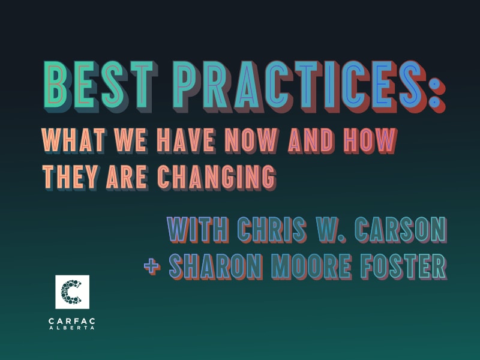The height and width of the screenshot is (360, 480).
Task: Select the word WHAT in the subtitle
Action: tap(73, 141)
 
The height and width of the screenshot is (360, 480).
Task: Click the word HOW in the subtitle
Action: tap(370, 141)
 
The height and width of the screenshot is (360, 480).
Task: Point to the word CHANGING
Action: tap(217, 178)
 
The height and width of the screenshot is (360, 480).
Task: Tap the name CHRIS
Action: tap(272, 230)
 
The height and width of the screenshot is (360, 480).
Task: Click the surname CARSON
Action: tap(401, 230)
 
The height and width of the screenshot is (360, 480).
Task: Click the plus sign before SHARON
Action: tap(152, 266)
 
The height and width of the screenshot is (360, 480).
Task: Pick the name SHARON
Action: tap(216, 266)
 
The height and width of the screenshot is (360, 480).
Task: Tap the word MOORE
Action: tap(311, 266)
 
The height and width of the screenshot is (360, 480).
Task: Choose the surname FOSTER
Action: tap(404, 266)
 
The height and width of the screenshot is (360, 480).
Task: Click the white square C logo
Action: tap(72, 292)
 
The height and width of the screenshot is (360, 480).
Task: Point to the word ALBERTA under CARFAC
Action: tap(72, 328)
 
